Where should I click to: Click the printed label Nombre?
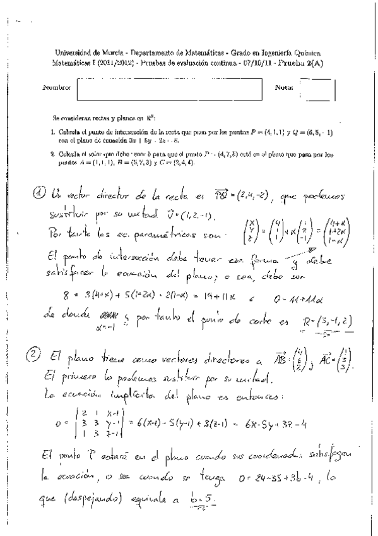(x=57, y=87)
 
